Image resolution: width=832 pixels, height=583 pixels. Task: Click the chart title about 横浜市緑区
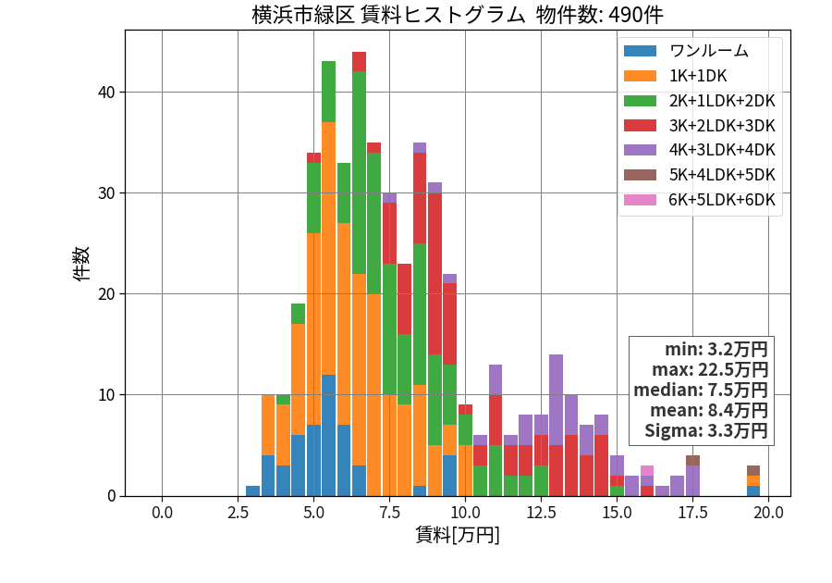(x=458, y=14)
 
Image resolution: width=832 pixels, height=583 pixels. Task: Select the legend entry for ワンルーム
(x=708, y=51)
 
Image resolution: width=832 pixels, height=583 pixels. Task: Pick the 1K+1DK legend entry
(x=698, y=76)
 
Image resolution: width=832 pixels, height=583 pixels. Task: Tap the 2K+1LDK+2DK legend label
(x=722, y=101)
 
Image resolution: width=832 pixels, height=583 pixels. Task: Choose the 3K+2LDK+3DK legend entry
(x=722, y=126)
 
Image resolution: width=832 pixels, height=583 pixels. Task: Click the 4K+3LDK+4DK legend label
(x=722, y=150)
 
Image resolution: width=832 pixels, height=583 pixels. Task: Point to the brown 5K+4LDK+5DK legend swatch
(x=640, y=175)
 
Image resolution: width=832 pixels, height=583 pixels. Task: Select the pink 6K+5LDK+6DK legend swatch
(x=640, y=200)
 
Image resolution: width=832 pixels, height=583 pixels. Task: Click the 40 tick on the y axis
(x=106, y=93)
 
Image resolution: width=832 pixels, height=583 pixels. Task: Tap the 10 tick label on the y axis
(x=106, y=395)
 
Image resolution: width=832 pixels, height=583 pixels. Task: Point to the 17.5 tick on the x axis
(x=692, y=513)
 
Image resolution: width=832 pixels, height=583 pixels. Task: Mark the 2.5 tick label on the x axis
(x=238, y=513)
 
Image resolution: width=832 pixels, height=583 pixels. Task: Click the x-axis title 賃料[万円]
(x=458, y=535)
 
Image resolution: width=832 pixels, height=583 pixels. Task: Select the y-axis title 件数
(x=82, y=264)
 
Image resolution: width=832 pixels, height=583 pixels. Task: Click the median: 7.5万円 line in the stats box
(x=701, y=391)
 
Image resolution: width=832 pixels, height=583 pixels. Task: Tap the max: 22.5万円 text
(x=709, y=369)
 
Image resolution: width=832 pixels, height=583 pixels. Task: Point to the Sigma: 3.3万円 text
(x=705, y=430)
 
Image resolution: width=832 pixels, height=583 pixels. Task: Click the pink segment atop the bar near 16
(x=647, y=470)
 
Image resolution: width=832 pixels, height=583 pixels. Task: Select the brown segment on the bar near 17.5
(x=692, y=460)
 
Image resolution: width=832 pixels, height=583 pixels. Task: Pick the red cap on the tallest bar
(x=360, y=62)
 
